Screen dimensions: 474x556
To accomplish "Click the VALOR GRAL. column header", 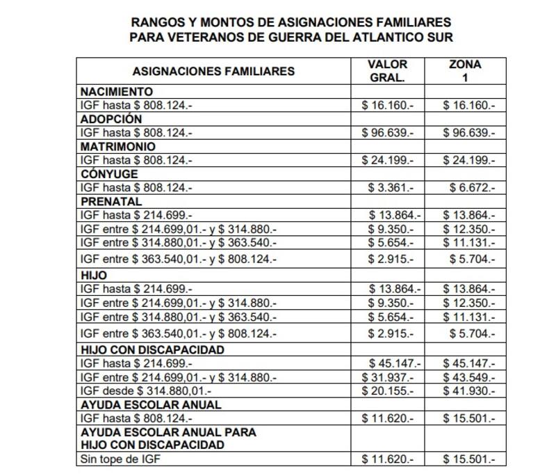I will (387, 70).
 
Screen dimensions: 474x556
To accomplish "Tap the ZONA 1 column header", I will (465, 70).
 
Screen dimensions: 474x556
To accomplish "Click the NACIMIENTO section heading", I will (117, 92).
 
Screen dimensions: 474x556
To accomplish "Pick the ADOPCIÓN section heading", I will (111, 119).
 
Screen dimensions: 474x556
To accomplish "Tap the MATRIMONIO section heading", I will (118, 147).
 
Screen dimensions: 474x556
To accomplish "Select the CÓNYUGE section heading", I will (110, 174).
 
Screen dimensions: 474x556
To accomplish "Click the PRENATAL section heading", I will (111, 201).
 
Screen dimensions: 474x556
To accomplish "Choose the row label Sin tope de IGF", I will (123, 459).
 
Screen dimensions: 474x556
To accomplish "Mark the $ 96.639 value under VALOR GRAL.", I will (388, 133).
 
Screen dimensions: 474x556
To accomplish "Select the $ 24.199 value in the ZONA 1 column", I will (469, 160).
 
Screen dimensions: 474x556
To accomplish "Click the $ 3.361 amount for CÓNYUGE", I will (391, 188).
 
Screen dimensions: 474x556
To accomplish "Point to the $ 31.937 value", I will (388, 377).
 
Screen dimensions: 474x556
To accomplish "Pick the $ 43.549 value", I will (469, 377).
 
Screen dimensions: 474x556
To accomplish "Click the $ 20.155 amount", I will (388, 391).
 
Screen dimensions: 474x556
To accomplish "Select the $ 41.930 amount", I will (469, 391).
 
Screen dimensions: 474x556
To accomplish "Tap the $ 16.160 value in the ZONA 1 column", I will (469, 106).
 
